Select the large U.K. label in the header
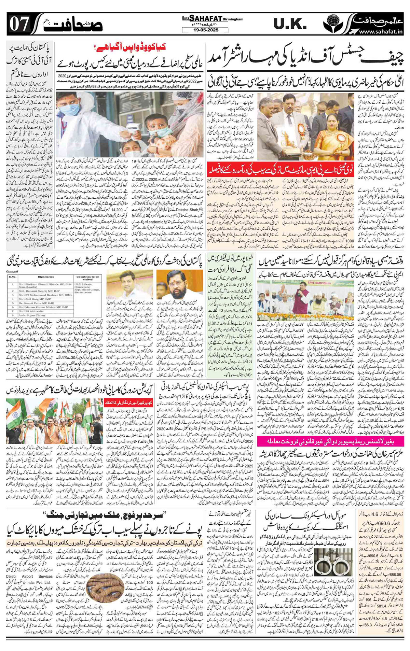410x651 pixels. tap(290, 24)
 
